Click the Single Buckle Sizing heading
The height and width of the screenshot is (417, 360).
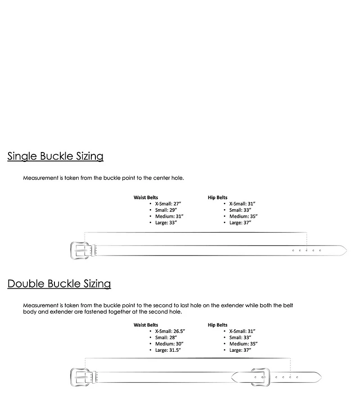pos(55,157)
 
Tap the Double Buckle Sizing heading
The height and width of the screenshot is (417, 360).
pos(59,284)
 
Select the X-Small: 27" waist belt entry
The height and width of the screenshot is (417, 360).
pos(168,204)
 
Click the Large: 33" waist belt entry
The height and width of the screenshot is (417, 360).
pos(166,223)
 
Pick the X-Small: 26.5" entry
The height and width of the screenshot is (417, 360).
pos(170,331)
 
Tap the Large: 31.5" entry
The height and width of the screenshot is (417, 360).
pos(168,350)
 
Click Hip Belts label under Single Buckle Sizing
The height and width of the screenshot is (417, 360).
pos(217,197)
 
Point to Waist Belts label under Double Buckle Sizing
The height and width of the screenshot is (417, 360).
pos(145,325)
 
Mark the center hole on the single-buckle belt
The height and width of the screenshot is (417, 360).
pos(306,250)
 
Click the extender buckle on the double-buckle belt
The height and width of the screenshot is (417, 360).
pos(259,377)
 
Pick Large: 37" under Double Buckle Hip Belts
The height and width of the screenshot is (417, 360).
pos(240,350)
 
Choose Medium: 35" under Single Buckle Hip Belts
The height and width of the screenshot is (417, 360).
pos(243,216)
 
